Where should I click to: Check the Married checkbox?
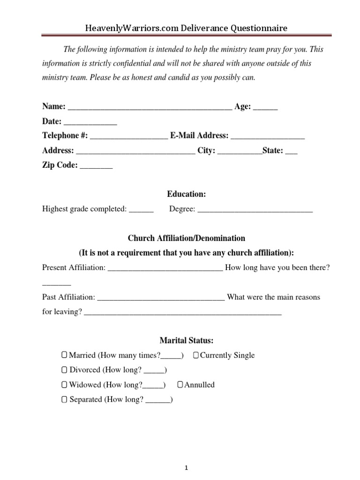pyautogui.click(x=64, y=355)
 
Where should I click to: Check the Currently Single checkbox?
pyautogui.click(x=195, y=355)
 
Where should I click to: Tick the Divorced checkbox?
pyautogui.click(x=64, y=370)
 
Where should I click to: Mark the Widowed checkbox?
pyautogui.click(x=64, y=385)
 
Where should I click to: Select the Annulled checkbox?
pyautogui.click(x=180, y=385)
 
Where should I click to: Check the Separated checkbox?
pyautogui.click(x=64, y=400)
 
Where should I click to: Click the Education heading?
pyautogui.click(x=186, y=194)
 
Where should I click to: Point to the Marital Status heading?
pyautogui.click(x=186, y=340)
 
